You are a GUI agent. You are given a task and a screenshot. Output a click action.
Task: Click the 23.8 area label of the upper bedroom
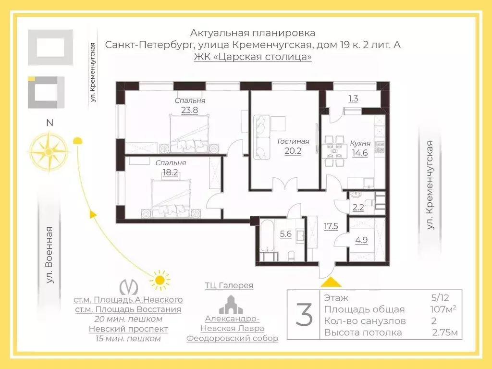[x=189, y=110]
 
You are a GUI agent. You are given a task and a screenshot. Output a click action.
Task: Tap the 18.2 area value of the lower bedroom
[x=170, y=172]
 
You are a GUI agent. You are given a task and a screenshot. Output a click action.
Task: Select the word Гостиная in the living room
[x=293, y=141]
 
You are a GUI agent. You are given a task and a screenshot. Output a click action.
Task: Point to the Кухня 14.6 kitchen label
[x=360, y=148]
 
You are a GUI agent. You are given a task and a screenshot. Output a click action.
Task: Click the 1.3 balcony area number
[x=353, y=99]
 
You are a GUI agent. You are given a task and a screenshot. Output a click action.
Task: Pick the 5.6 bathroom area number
[x=285, y=234]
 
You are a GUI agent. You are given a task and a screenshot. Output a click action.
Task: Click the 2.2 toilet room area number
[x=358, y=208]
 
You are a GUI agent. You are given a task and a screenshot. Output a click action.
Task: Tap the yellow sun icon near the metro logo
[x=159, y=279]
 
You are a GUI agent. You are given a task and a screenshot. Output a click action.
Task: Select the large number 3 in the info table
[x=304, y=315]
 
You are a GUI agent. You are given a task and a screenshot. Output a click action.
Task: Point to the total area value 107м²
[x=443, y=309]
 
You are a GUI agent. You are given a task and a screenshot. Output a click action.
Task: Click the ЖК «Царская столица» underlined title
[x=253, y=57]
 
